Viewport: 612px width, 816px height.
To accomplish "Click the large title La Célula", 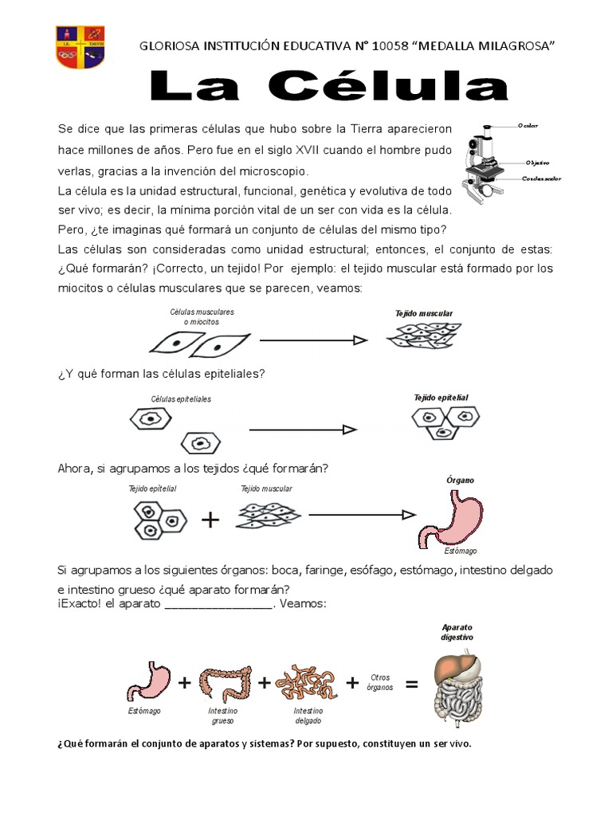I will pyautogui.click(x=328, y=87).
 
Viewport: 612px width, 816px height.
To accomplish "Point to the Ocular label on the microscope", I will pyautogui.click(x=528, y=126).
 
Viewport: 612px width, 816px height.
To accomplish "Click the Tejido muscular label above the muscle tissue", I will pyautogui.click(x=424, y=314).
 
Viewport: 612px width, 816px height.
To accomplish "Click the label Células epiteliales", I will pyautogui.click(x=181, y=398).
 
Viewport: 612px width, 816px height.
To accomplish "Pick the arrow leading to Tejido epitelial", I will pyautogui.click(x=303, y=430).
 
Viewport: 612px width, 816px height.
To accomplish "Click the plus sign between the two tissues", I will pyautogui.click(x=210, y=520).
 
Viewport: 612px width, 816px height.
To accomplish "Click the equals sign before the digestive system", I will pyautogui.click(x=411, y=683).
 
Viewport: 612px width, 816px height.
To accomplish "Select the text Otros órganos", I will pyautogui.click(x=380, y=682).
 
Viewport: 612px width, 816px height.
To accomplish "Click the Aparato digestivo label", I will pyautogui.click(x=457, y=633).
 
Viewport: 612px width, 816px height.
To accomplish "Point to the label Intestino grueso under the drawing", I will pyautogui.click(x=222, y=715).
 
